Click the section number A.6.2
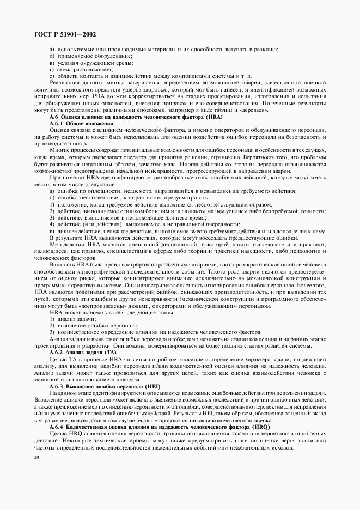pos(58,353)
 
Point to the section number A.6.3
pos(58,386)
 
